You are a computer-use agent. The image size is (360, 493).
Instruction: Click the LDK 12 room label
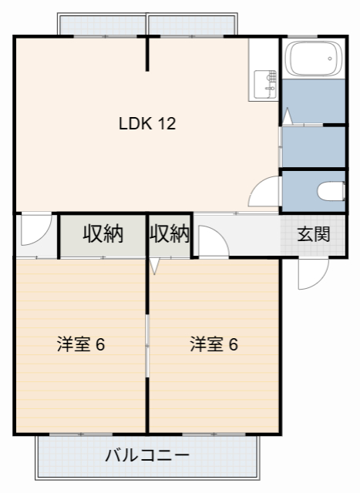pos(147,123)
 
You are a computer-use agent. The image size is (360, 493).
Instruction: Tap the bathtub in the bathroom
pos(313,59)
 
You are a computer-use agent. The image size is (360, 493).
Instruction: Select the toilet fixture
pos(332,190)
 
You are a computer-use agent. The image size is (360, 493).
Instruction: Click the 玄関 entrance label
pos(314,234)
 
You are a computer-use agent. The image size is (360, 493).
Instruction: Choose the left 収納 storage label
pos(103,234)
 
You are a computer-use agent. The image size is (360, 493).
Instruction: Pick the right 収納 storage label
pos(169,234)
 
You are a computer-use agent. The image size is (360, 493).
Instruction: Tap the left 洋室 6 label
pos(80,344)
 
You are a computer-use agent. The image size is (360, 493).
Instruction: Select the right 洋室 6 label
pos(214,344)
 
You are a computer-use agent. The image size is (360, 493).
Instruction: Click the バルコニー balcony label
pos(146,455)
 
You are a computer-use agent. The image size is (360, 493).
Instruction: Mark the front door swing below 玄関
pos(311,273)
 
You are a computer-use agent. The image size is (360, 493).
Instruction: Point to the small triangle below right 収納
pos(155,267)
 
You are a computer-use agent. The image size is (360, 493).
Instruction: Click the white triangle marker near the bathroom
pos(286,117)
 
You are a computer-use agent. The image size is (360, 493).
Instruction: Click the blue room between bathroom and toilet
pos(313,146)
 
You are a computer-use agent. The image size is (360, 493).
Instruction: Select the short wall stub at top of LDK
pos(147,54)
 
